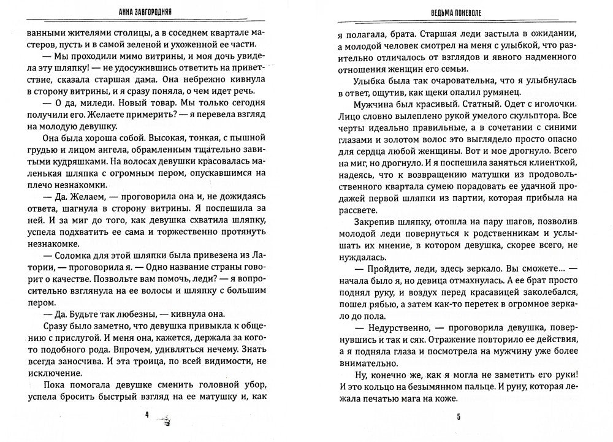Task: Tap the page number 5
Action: (x=457, y=418)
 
